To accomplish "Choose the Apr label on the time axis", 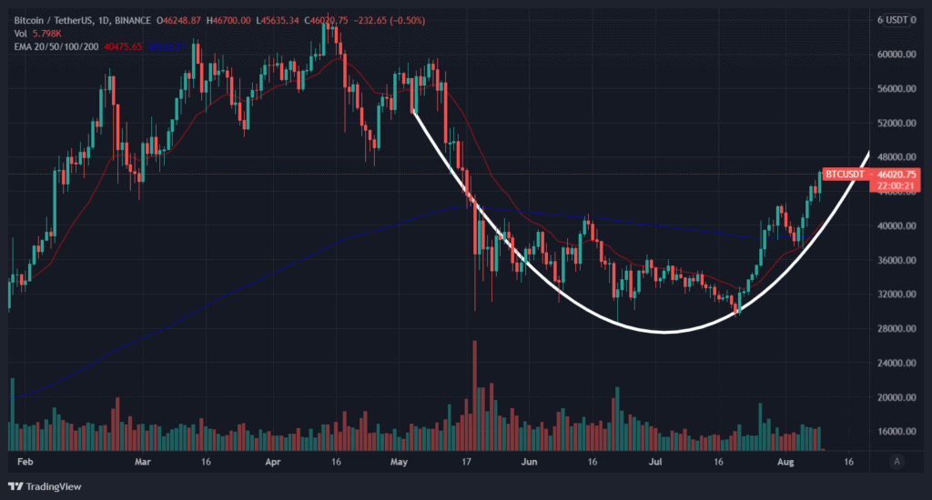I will [x=273, y=462].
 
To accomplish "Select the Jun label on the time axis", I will [x=528, y=462].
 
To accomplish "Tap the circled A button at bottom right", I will [x=897, y=462].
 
